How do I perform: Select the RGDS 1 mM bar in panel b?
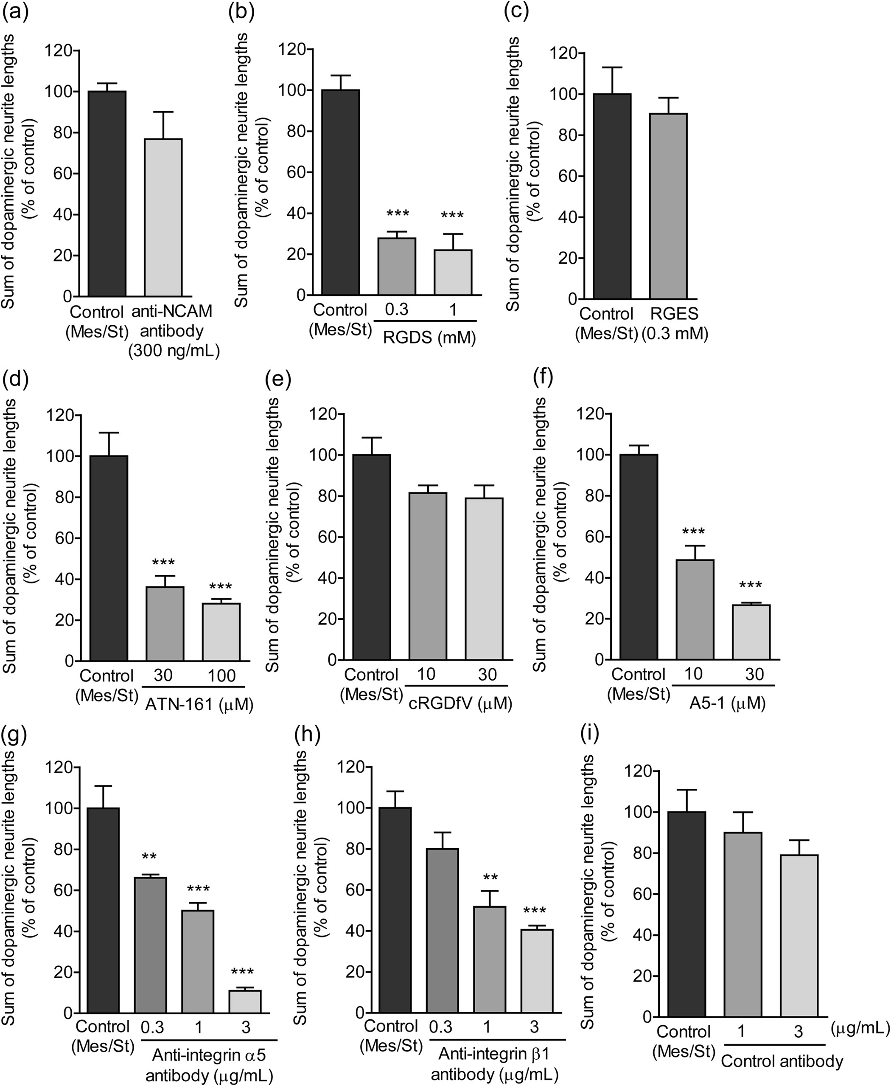(x=452, y=273)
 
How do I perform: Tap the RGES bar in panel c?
(x=668, y=206)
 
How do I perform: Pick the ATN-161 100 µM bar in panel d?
(x=221, y=632)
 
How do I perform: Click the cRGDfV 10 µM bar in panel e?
(x=428, y=576)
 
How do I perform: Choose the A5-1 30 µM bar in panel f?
(x=751, y=632)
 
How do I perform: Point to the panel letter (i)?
(x=589, y=735)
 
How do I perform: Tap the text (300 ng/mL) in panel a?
(x=174, y=351)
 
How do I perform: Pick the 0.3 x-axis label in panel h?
(x=440, y=1027)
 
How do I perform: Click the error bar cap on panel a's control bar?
(x=107, y=83)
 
